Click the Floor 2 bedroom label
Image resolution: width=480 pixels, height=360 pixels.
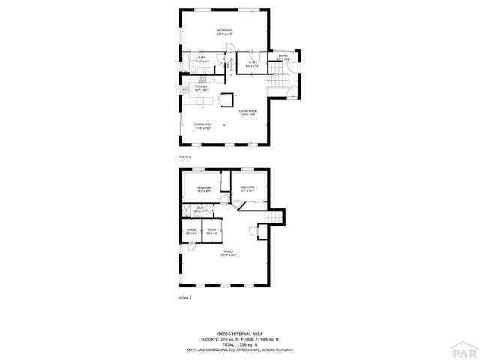click(x=224, y=31)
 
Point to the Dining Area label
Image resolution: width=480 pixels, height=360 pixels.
click(x=202, y=126)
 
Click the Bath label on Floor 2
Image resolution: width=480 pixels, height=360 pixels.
click(x=202, y=58)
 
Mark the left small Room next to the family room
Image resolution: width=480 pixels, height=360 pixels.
click(x=192, y=231)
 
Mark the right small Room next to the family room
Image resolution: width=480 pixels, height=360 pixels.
click(x=212, y=231)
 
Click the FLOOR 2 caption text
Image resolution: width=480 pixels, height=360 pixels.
click(x=185, y=157)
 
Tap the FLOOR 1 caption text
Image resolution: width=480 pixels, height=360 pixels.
click(x=185, y=298)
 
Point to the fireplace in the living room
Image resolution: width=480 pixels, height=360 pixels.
click(x=227, y=98)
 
